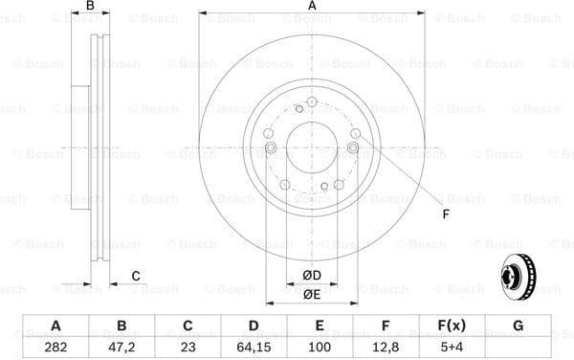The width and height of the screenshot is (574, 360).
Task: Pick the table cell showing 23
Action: pyautogui.click(x=188, y=347)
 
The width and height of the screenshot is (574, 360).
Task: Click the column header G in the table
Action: pyautogui.click(x=518, y=326)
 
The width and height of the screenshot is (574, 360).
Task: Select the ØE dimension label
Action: pyautogui.click(x=312, y=294)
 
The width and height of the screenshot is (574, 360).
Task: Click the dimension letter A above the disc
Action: pyautogui.click(x=312, y=8)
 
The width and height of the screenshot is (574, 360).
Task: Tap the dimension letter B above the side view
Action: pyautogui.click(x=91, y=8)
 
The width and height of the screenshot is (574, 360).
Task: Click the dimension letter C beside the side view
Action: pyautogui.click(x=136, y=276)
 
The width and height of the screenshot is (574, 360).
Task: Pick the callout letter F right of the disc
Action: pyautogui.click(x=446, y=214)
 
